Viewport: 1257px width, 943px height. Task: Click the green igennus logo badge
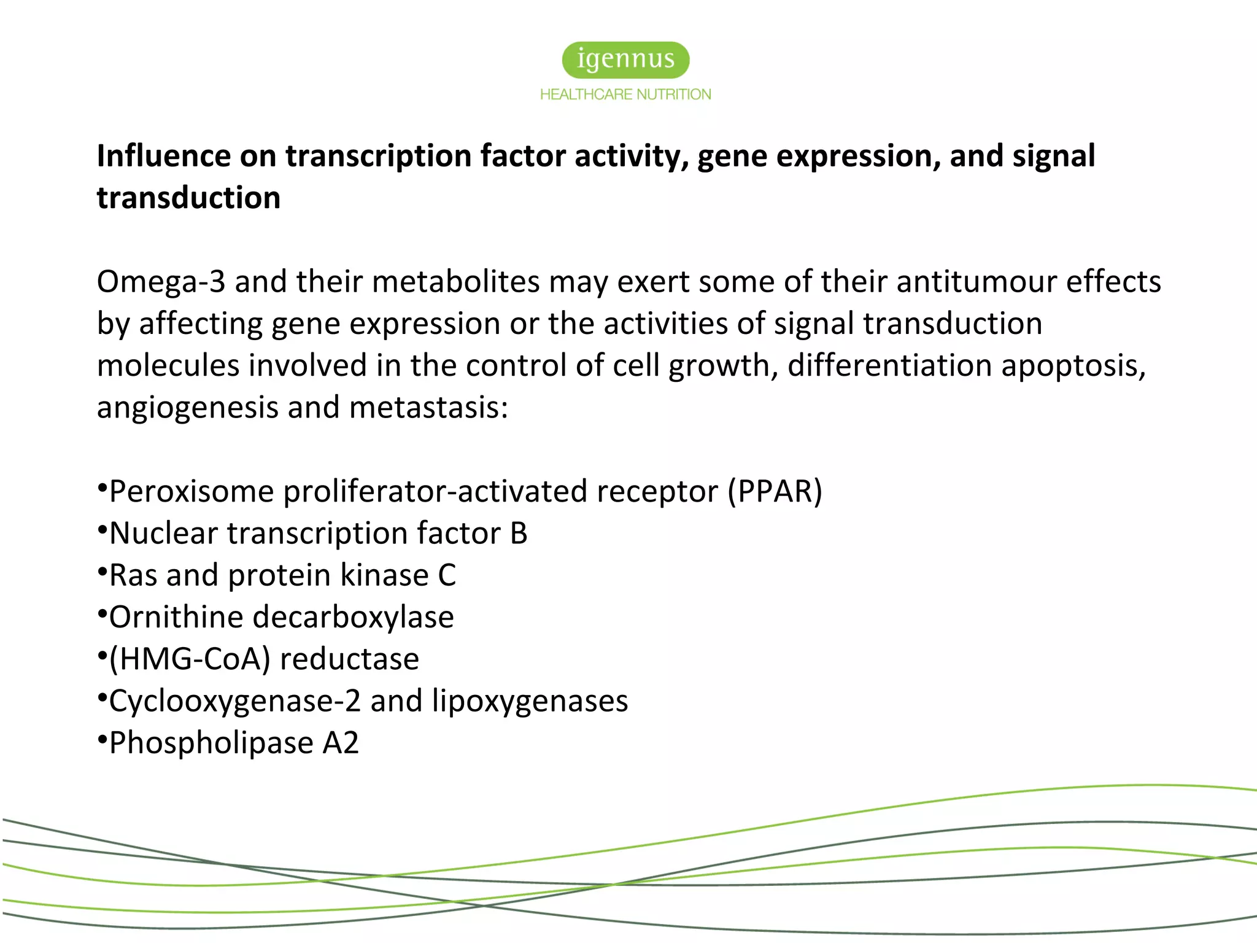click(625, 60)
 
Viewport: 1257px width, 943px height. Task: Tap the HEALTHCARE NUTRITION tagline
click(625, 95)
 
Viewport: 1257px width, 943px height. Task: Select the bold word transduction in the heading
click(188, 198)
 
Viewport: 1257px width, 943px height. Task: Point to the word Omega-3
click(161, 282)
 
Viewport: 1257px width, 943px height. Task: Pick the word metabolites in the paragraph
click(455, 282)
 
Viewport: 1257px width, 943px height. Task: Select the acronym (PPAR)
click(775, 491)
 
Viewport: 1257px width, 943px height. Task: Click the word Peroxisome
click(191, 492)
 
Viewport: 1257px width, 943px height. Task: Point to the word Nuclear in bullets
click(163, 534)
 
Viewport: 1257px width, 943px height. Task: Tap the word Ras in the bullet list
click(133, 576)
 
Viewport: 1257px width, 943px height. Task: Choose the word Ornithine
click(176, 618)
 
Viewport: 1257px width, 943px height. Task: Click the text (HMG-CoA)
click(190, 659)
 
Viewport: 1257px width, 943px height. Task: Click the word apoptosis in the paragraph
click(1073, 366)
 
